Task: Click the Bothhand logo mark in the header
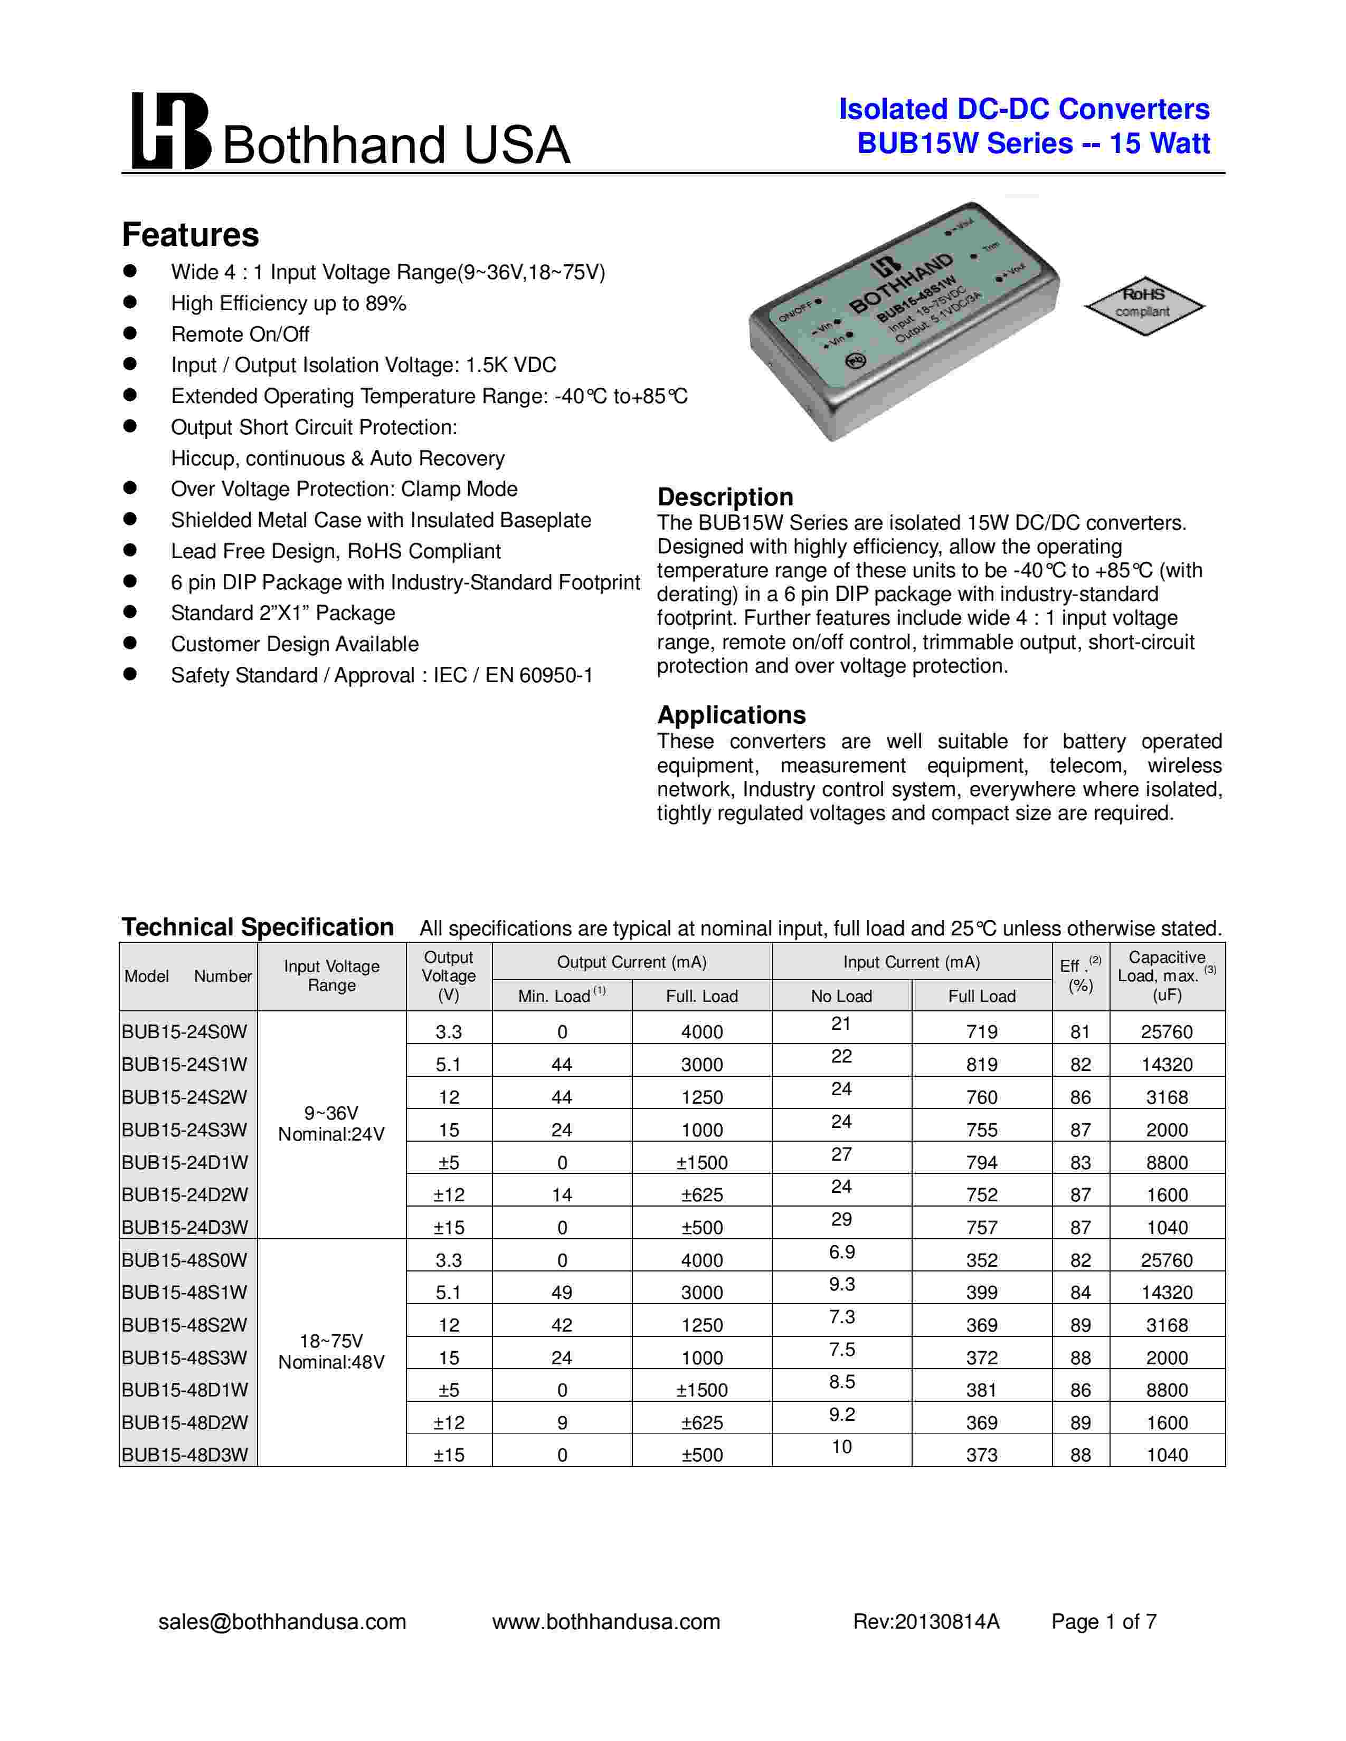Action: point(170,131)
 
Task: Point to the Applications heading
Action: point(731,714)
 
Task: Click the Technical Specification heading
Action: point(258,927)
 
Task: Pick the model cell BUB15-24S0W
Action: point(185,1031)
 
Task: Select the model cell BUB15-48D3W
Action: point(185,1455)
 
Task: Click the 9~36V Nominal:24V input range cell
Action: point(331,1124)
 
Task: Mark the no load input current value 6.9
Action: point(841,1251)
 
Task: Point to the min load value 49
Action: point(562,1292)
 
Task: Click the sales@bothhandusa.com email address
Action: point(282,1621)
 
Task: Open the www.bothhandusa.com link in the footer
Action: point(606,1621)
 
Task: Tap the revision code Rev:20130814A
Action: point(926,1621)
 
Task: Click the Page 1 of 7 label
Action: point(1104,1621)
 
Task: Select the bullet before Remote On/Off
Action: point(130,333)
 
